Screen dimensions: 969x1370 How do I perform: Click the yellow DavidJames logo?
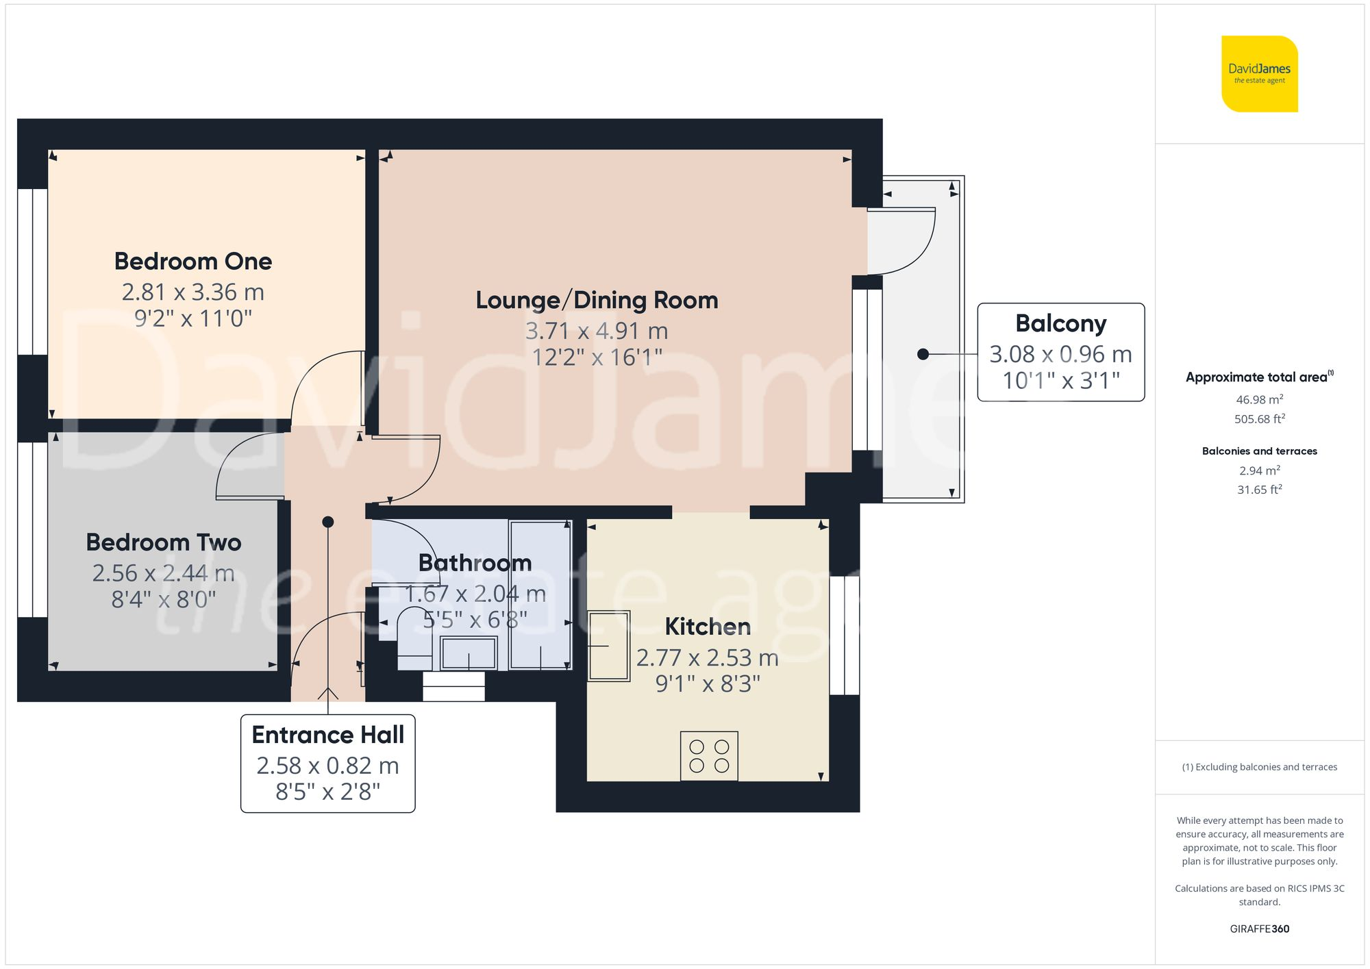coord(1259,74)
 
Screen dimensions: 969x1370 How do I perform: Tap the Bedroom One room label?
coord(193,261)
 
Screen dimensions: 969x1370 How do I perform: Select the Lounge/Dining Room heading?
coord(597,300)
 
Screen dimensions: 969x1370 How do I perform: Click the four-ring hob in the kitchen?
coord(709,756)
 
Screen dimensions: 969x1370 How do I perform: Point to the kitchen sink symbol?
coord(609,646)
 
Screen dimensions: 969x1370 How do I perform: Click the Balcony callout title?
coord(1060,323)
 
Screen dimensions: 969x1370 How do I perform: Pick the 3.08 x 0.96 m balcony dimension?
coord(1060,354)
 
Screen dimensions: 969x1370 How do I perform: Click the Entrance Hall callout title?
coord(327,735)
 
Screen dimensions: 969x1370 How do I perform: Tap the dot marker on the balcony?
coord(923,354)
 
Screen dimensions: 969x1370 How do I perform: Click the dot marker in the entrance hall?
coord(328,522)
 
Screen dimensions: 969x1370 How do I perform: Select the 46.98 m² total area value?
coord(1259,399)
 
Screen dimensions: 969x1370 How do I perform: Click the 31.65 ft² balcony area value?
coord(1259,490)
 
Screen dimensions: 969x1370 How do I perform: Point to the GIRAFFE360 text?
coord(1259,929)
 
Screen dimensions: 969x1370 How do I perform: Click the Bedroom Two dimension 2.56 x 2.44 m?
coord(163,573)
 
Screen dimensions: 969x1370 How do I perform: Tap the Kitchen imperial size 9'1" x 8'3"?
coord(708,683)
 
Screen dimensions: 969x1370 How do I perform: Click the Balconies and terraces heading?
coord(1259,451)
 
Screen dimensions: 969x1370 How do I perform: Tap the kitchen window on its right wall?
coord(844,635)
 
